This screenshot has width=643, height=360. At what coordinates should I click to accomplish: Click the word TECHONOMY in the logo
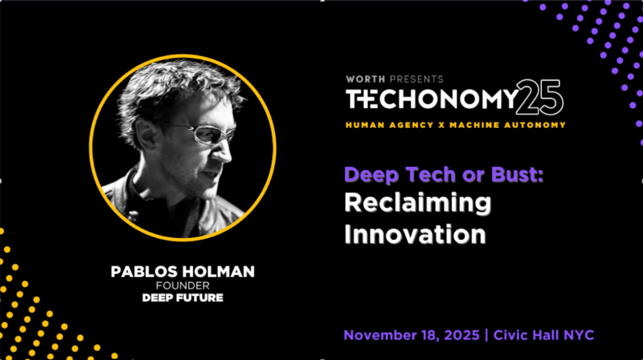tap(430, 99)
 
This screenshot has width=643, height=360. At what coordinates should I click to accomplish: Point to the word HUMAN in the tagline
tap(366, 124)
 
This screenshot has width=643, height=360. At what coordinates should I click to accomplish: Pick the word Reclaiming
tap(418, 203)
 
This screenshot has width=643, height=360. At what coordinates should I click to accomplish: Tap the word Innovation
tap(415, 233)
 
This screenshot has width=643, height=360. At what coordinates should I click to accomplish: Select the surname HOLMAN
tap(217, 272)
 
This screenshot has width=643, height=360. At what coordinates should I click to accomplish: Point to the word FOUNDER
tap(183, 286)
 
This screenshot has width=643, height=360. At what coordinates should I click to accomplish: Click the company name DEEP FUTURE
tap(183, 298)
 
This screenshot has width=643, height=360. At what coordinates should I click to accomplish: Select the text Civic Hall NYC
tap(544, 335)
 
